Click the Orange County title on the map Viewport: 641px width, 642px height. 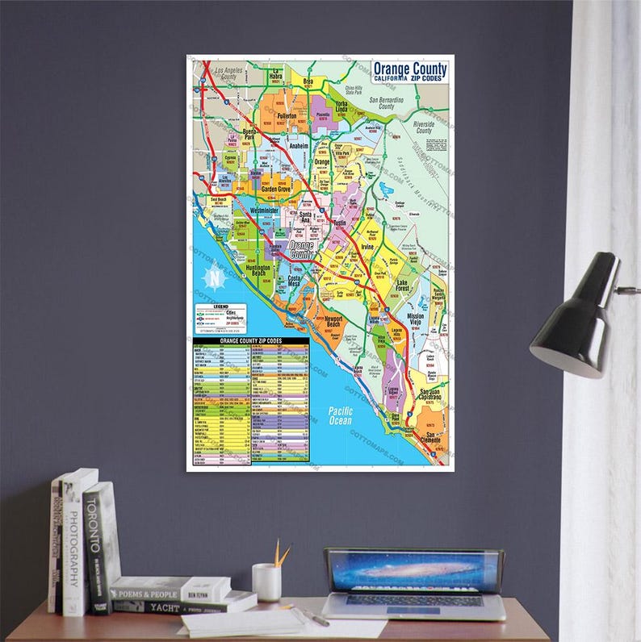point(409,69)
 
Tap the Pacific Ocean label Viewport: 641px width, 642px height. point(341,415)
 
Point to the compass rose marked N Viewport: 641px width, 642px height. point(215,280)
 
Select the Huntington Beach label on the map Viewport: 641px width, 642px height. point(258,269)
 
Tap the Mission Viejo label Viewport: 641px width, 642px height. point(416,320)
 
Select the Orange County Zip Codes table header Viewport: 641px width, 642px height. point(250,341)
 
